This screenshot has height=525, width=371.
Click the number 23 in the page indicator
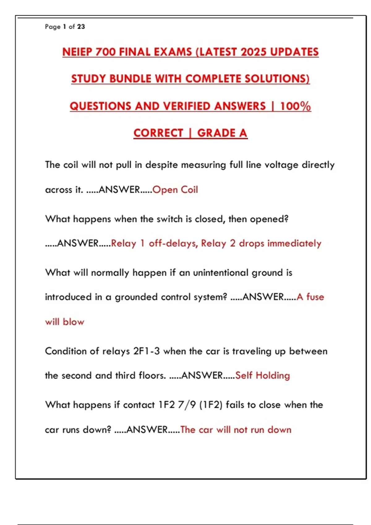81,27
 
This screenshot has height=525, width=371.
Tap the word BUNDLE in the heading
130,79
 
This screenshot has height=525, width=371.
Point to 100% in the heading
295,106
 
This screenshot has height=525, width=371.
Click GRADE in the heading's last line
216,133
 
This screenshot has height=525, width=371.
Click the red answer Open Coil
175,190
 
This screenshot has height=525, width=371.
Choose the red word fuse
315,297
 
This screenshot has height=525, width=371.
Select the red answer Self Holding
262,376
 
